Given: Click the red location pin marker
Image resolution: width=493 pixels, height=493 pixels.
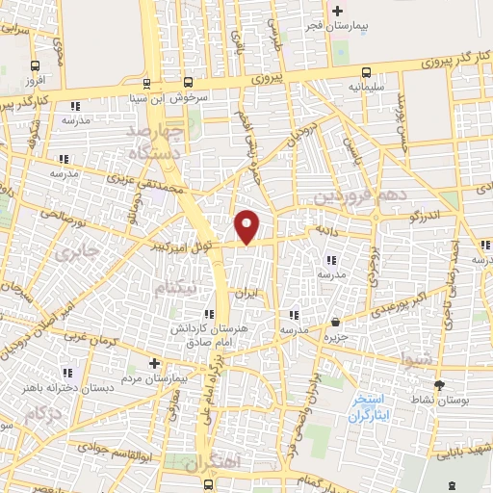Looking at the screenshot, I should (247, 226).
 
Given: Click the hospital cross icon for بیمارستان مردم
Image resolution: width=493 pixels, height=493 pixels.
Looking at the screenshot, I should (155, 363).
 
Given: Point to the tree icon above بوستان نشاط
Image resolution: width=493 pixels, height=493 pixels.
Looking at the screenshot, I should (440, 385).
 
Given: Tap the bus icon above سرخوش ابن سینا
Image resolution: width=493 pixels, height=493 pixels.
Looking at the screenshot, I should (147, 84).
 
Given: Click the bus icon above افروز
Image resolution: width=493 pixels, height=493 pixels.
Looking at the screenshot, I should (36, 66).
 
